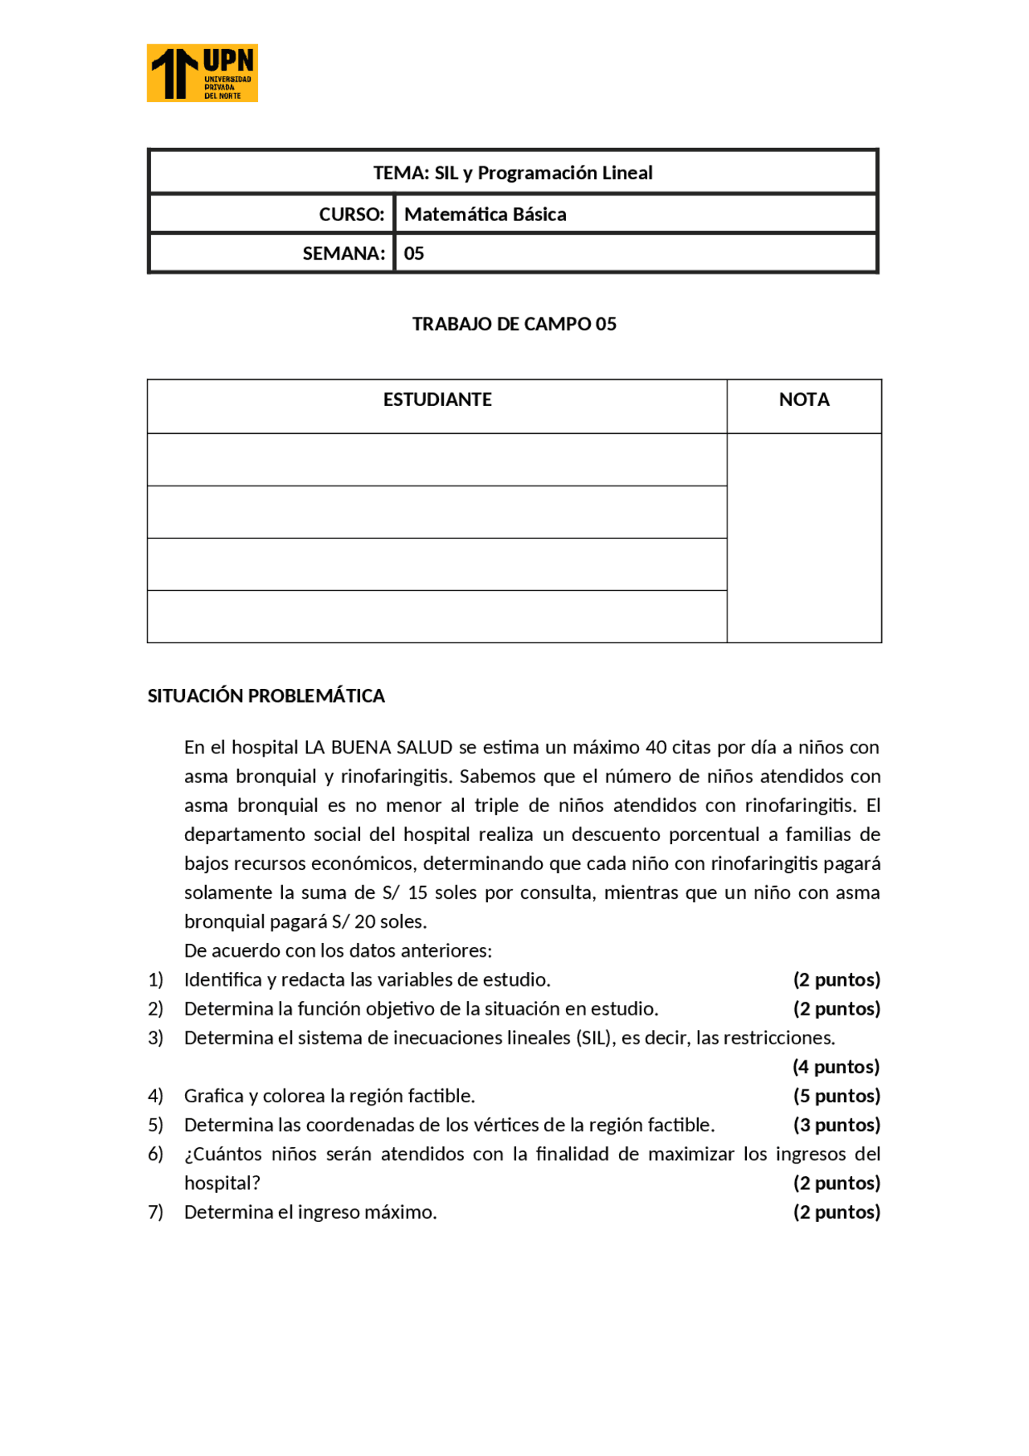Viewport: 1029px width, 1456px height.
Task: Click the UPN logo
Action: [x=202, y=73]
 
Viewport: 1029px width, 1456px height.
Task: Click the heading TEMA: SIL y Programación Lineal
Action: [x=512, y=173]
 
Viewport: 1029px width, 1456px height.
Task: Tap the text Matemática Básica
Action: [x=485, y=215]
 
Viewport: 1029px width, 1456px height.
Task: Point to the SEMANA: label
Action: [x=343, y=254]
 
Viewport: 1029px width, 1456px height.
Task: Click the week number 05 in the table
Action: [x=413, y=254]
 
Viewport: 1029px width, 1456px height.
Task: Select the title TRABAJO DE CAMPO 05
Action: [x=514, y=324]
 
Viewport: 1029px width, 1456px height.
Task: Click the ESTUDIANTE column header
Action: [x=437, y=400]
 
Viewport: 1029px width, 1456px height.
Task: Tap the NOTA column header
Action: [x=803, y=400]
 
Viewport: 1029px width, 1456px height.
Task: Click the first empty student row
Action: [x=437, y=460]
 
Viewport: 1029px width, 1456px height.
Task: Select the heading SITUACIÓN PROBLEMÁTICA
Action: [x=266, y=696]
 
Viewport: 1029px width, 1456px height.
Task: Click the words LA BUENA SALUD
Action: [x=378, y=748]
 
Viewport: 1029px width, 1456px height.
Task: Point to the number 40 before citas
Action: [x=656, y=748]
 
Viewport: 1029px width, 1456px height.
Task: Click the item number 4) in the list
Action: [x=155, y=1097]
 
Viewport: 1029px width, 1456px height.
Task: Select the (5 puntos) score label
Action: [x=836, y=1097]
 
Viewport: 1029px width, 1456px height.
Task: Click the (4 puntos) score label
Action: [x=836, y=1068]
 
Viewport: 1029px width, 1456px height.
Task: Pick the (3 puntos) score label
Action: [x=836, y=1126]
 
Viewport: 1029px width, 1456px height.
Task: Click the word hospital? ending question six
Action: [x=222, y=1183]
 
